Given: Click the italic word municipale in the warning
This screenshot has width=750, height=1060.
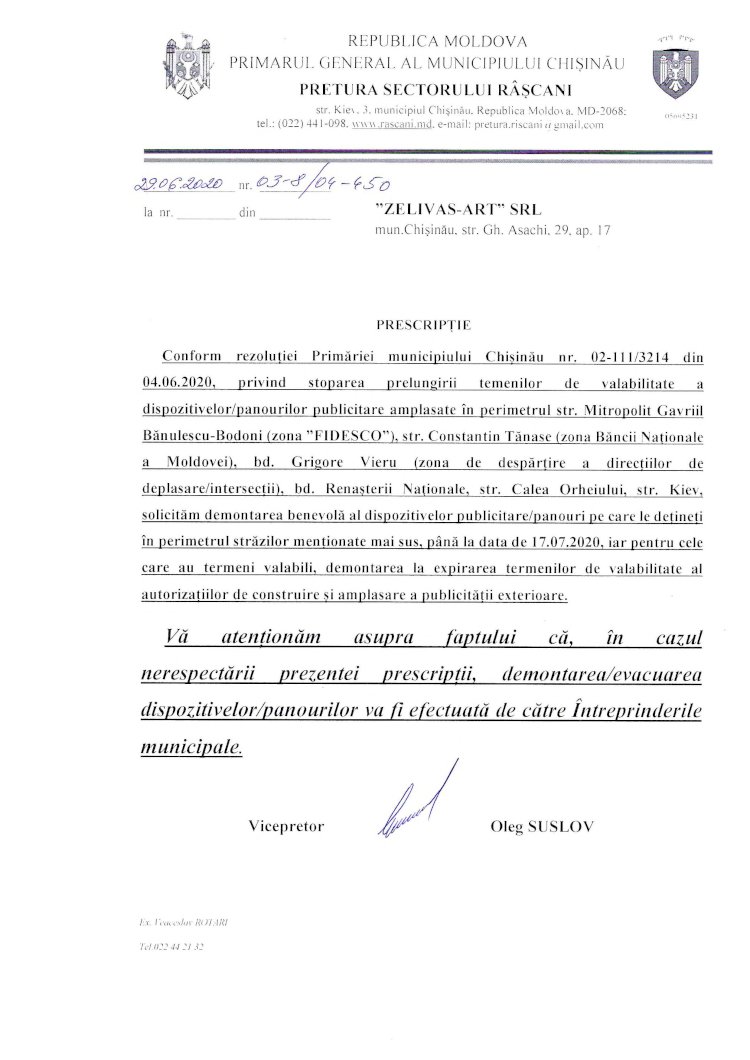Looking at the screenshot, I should (x=193, y=747).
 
